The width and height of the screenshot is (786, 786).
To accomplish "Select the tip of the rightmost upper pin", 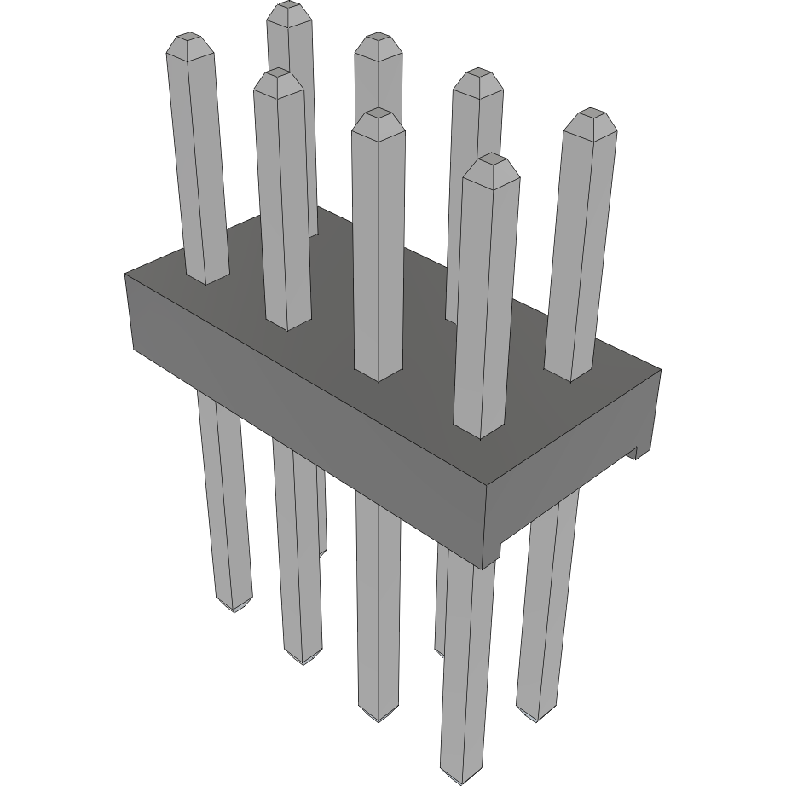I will pyautogui.click(x=590, y=114).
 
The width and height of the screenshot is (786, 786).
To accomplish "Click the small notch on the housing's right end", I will pyautogui.click(x=634, y=453).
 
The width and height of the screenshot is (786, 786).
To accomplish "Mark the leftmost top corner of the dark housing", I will pyautogui.click(x=126, y=275).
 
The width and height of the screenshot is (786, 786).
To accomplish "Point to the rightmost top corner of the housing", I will pyautogui.click(x=661, y=370).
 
